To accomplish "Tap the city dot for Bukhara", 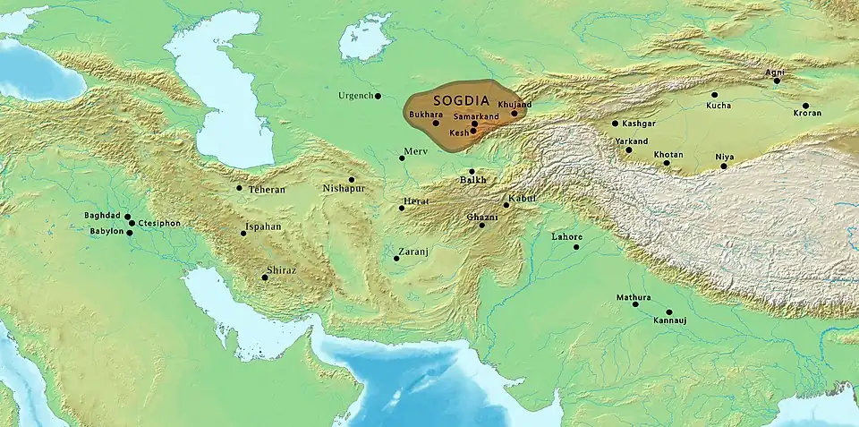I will point(436,123).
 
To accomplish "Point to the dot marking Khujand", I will point(514,114).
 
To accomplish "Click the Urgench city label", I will point(354,96).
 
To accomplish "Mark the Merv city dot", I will point(402,158).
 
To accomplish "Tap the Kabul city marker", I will point(506,205).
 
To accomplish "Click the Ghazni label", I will point(481,218).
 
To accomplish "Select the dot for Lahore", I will point(575,247).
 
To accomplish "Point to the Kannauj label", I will point(670,320).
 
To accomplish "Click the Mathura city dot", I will point(635,304).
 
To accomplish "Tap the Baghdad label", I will point(103,216).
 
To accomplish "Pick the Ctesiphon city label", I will point(159,224).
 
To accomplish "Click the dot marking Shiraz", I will point(264,278).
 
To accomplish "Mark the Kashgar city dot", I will point(615,124).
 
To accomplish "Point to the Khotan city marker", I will point(666,163).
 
